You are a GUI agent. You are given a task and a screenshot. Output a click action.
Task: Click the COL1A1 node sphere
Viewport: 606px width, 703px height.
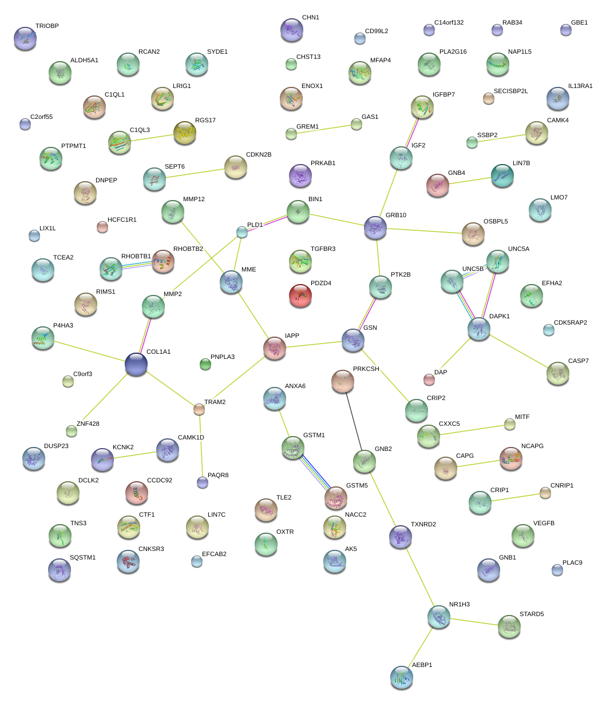coord(136,364)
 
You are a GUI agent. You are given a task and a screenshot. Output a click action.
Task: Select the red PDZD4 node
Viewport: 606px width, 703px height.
coord(301,294)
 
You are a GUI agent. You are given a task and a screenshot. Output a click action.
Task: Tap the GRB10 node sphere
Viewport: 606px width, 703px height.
coord(375,227)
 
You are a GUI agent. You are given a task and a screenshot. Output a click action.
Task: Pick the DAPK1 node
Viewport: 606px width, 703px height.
coord(478,328)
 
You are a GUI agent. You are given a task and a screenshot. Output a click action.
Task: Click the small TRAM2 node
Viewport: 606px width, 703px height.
coord(199,409)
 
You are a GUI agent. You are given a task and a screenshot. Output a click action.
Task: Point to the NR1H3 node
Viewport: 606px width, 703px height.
coord(439,616)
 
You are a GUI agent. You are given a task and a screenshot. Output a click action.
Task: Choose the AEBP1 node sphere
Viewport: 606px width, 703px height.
coord(402,677)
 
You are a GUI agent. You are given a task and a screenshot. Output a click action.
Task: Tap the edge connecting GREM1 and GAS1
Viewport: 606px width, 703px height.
coord(323,129)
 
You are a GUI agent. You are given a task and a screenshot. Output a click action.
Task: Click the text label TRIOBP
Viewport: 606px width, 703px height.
coord(47,26)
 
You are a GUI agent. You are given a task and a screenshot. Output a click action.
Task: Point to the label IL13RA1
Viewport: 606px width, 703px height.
coord(580,86)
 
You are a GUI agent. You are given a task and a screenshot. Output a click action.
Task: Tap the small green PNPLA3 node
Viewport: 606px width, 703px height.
coord(205,364)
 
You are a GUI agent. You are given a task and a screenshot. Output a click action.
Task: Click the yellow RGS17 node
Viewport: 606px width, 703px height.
coord(184,132)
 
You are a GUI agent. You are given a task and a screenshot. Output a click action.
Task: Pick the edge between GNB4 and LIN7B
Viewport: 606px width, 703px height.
coord(470,181)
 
